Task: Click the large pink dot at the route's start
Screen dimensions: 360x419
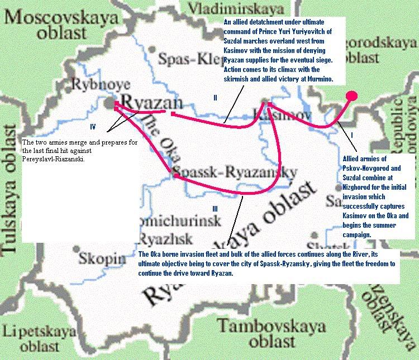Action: coord(352,95)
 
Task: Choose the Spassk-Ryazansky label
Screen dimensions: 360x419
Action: coord(235,172)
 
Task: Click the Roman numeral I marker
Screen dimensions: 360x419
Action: coord(352,136)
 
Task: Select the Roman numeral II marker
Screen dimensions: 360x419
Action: coord(215,98)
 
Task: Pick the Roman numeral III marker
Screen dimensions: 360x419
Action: coord(215,209)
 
